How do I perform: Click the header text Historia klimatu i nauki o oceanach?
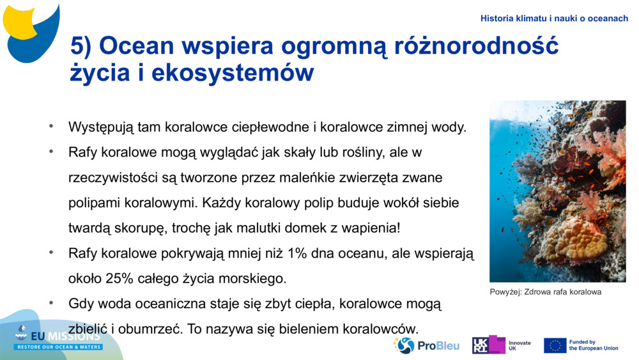[x=554, y=19]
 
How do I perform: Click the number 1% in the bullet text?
[x=298, y=253]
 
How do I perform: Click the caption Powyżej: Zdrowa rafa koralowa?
[x=546, y=292]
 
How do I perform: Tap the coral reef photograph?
[x=557, y=191]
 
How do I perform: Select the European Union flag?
[x=555, y=346]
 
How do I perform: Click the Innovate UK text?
[x=519, y=346]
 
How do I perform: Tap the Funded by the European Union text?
[x=593, y=345]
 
